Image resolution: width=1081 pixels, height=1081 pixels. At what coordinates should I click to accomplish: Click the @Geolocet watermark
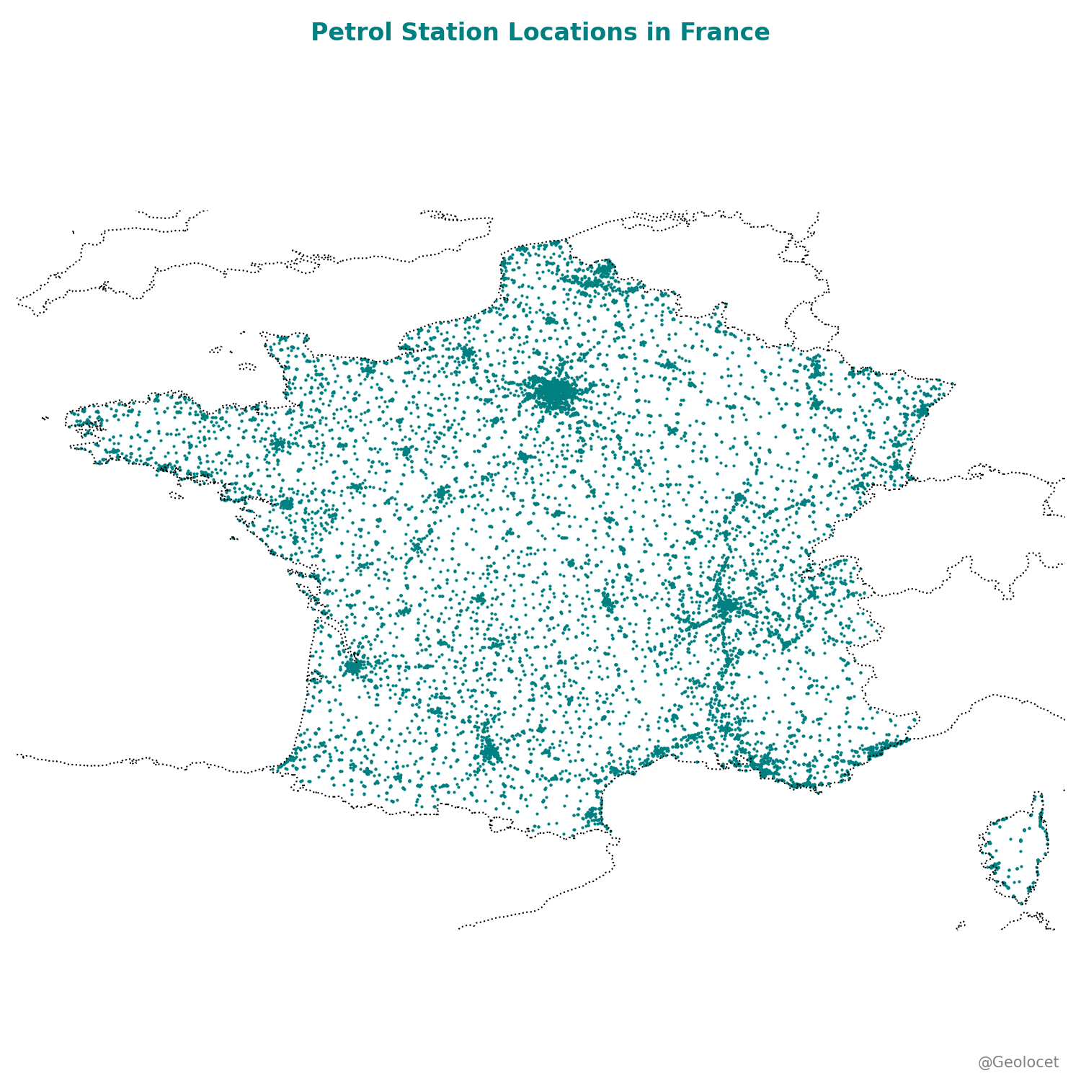[x=1018, y=1062]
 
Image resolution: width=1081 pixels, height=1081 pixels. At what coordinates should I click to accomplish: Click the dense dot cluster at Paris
[x=554, y=393]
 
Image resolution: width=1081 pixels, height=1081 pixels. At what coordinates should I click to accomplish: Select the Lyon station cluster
[x=726, y=606]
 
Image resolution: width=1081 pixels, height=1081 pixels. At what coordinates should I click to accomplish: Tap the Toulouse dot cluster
[x=490, y=752]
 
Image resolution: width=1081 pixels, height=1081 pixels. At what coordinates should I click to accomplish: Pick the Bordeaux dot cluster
[x=353, y=666]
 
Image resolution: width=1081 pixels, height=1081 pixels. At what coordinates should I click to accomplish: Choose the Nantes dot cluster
[x=287, y=504]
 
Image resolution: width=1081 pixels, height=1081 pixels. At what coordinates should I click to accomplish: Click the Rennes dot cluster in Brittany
[x=278, y=444]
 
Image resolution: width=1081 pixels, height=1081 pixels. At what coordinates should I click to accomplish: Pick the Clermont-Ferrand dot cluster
[x=608, y=602]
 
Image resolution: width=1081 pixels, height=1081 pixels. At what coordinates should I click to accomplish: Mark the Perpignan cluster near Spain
[x=593, y=816]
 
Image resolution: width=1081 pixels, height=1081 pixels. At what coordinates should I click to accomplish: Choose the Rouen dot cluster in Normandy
[x=467, y=352]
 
